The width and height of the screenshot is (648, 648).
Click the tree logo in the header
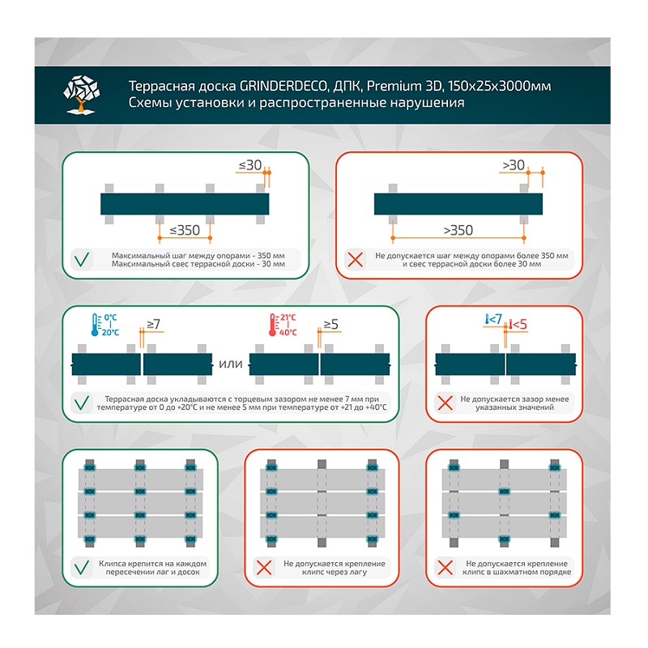(x=82, y=94)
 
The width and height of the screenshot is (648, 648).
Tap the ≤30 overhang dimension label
(x=250, y=165)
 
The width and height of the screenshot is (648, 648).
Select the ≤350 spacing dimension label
(x=185, y=230)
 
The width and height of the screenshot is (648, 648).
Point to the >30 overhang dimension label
(x=514, y=165)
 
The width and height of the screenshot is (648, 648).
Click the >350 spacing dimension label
(x=458, y=230)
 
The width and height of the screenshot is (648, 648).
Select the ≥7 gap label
(x=153, y=324)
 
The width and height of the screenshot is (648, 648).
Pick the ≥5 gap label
(x=330, y=325)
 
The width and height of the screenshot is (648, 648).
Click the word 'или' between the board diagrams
(x=231, y=364)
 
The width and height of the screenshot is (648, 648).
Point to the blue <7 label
(x=493, y=319)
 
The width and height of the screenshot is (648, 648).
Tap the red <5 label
(x=518, y=325)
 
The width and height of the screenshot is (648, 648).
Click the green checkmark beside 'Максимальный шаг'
(x=82, y=259)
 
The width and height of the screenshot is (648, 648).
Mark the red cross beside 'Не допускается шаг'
(x=356, y=259)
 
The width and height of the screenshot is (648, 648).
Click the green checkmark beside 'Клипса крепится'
(x=82, y=568)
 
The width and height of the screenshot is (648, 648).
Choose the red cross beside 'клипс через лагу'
(x=264, y=568)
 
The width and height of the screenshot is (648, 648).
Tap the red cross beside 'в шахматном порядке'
(x=445, y=568)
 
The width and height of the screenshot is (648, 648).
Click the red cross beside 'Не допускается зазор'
(x=445, y=403)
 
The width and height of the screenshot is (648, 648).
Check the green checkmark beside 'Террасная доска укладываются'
(x=82, y=403)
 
